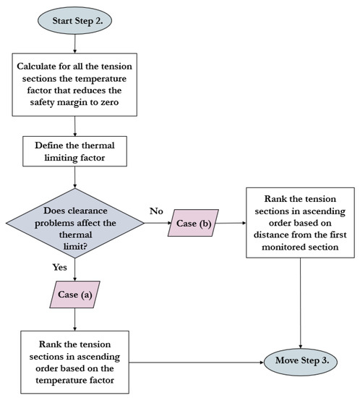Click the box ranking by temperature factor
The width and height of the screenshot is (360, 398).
click(x=75, y=360)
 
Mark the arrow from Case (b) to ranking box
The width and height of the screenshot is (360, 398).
click(x=231, y=224)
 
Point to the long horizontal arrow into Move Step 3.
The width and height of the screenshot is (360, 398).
click(x=195, y=360)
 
